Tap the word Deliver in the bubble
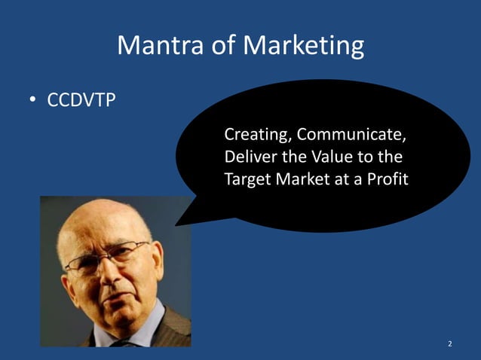coord(246,158)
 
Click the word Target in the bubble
coord(245,181)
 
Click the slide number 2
coord(449,344)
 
